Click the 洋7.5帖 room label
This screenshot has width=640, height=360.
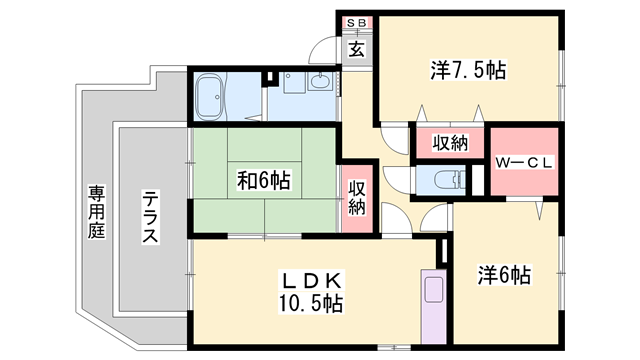tap(469, 70)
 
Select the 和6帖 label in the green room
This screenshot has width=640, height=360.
tap(264, 181)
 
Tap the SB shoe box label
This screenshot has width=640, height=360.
tap(356, 22)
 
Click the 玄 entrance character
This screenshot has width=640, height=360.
tap(356, 48)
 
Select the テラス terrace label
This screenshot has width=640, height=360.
tap(149, 217)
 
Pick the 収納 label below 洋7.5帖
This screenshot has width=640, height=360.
tap(450, 142)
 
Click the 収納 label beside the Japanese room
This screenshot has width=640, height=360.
tap(357, 198)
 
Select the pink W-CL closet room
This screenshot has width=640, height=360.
tap(523, 165)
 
